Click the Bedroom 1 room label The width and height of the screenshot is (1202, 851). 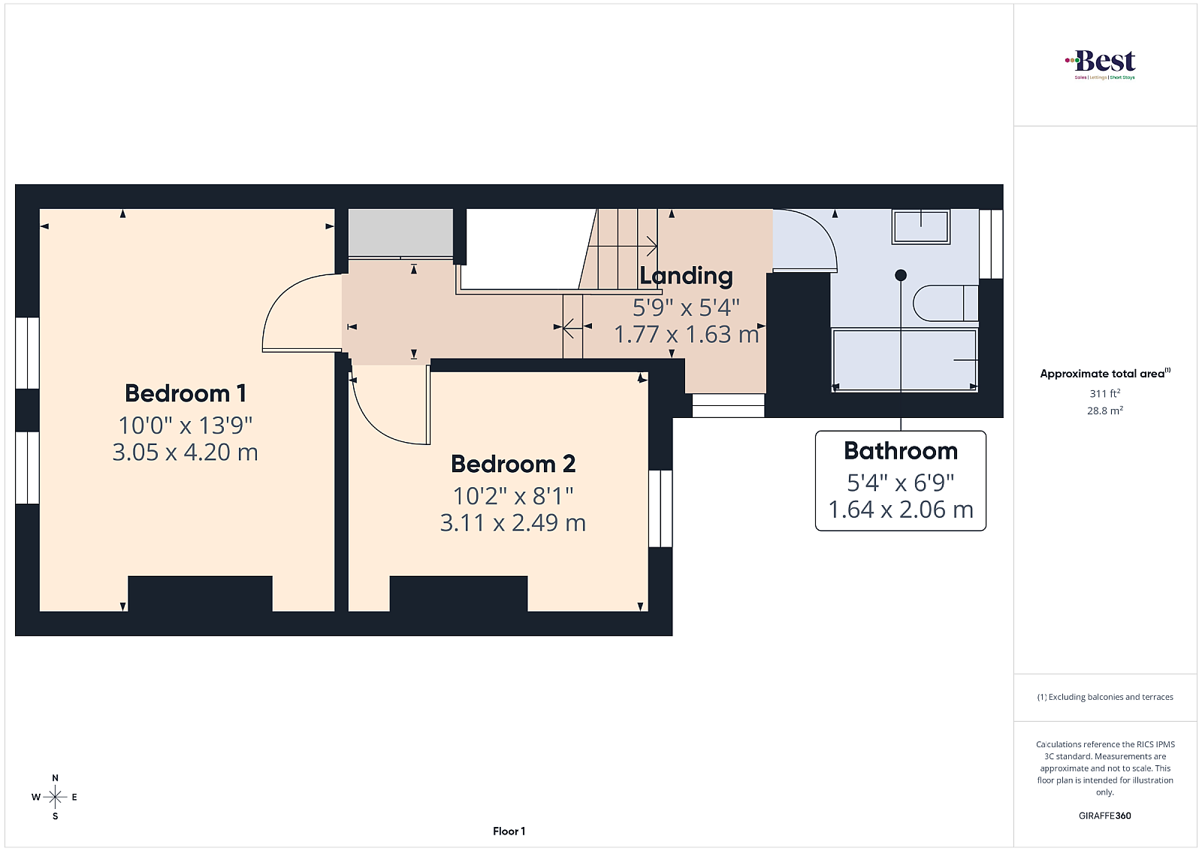pyautogui.click(x=186, y=394)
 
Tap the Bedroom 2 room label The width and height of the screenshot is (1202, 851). pyautogui.click(x=513, y=464)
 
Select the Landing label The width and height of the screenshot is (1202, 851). pyautogui.click(x=686, y=276)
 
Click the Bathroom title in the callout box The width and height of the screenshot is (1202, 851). pyautogui.click(x=901, y=450)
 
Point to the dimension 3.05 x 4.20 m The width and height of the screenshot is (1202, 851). pyautogui.click(x=185, y=452)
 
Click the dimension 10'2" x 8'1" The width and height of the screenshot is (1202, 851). pyautogui.click(x=513, y=496)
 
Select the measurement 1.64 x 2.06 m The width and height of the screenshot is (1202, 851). pyautogui.click(x=901, y=510)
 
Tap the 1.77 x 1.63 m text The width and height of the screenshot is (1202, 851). pyautogui.click(x=687, y=335)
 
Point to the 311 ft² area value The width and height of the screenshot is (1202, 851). pyautogui.click(x=1105, y=393)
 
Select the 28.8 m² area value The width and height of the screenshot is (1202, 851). pyautogui.click(x=1105, y=410)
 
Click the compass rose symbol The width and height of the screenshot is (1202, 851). pyautogui.click(x=55, y=797)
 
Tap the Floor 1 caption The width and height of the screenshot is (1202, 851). pyautogui.click(x=509, y=831)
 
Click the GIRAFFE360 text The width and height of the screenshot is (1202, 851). pyautogui.click(x=1105, y=816)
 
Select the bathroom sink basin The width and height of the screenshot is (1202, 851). pyautogui.click(x=921, y=226)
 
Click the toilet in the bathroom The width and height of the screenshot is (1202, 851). pyautogui.click(x=946, y=304)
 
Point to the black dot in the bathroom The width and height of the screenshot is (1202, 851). pyautogui.click(x=901, y=275)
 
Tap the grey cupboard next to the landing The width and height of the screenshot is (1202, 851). pyautogui.click(x=401, y=233)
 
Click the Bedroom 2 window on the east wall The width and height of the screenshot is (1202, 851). pyautogui.click(x=660, y=508)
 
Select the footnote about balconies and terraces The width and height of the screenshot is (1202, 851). pyautogui.click(x=1105, y=697)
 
